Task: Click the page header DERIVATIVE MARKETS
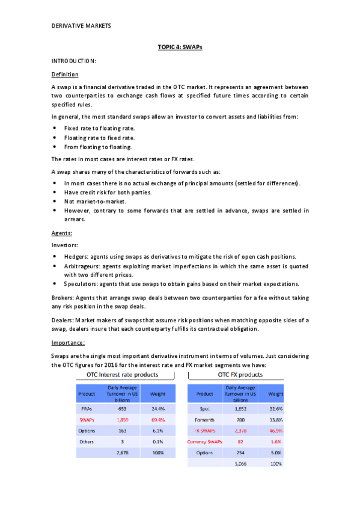[x=81, y=26]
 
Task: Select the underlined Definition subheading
[x=65, y=75]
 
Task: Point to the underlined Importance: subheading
[x=69, y=343]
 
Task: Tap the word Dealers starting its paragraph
[x=64, y=321]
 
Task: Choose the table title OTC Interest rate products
[x=123, y=375]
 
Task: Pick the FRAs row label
[x=86, y=408]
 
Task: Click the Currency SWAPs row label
[x=205, y=441]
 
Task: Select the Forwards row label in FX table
[x=205, y=419]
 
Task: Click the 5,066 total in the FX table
[x=239, y=464]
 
